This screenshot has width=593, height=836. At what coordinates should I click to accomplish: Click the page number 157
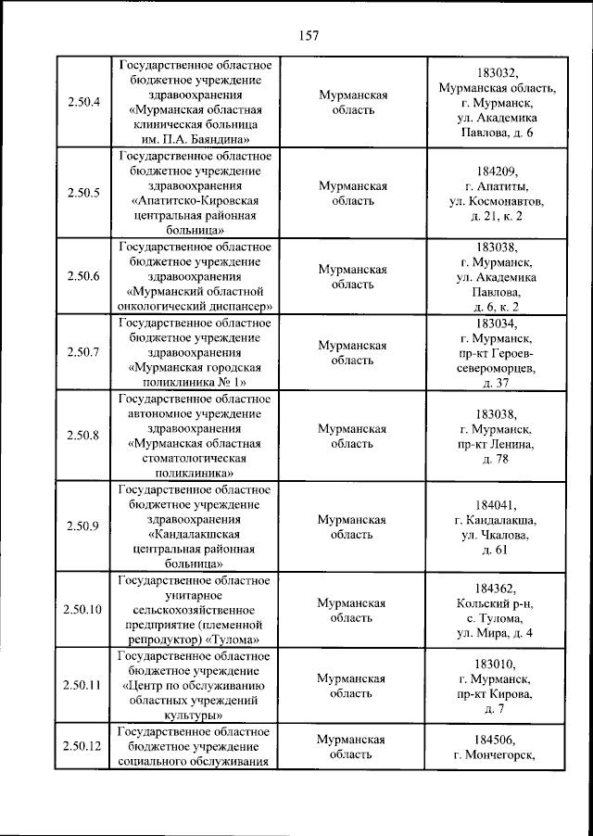point(309,36)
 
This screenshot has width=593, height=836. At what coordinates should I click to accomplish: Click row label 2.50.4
point(83,102)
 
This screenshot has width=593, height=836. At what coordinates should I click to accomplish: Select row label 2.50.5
point(83,193)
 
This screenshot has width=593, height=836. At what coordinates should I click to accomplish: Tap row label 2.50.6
point(83,276)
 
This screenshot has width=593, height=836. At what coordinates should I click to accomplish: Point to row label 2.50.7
point(83,352)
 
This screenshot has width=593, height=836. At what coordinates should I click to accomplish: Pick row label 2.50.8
point(83,436)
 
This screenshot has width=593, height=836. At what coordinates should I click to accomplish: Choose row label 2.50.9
point(83,526)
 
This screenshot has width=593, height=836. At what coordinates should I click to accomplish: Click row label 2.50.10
point(83,609)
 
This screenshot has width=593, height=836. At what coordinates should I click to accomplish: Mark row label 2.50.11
point(83,685)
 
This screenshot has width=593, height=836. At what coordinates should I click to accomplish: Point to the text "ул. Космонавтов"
point(496,200)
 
